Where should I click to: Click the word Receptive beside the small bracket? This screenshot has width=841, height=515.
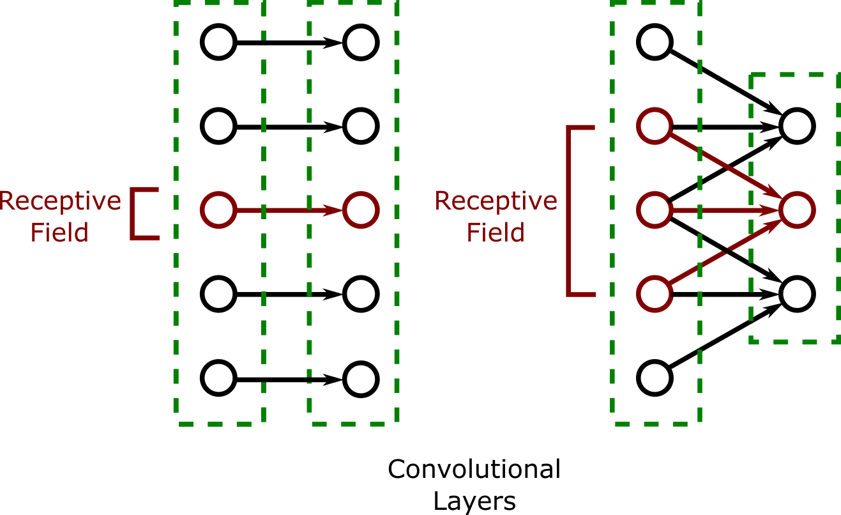(x=60, y=201)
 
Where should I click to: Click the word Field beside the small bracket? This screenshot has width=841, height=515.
(x=59, y=232)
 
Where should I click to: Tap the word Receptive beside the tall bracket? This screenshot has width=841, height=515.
(x=496, y=201)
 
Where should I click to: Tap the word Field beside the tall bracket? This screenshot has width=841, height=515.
(x=496, y=232)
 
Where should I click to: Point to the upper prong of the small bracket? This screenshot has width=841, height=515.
(x=146, y=190)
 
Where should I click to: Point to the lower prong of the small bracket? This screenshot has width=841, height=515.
(x=146, y=238)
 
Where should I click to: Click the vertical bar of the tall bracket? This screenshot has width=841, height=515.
(x=568, y=211)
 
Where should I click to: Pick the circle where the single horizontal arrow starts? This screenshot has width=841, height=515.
(x=218, y=210)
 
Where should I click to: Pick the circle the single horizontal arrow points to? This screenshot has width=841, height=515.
(x=361, y=210)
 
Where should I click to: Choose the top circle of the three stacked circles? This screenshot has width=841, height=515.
(x=655, y=126)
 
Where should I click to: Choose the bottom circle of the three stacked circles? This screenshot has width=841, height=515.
(x=655, y=294)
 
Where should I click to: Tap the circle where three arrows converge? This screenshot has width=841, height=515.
(x=797, y=210)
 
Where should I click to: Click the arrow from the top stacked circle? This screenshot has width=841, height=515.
(x=725, y=163)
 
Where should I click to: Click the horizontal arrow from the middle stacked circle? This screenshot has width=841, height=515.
(x=725, y=210)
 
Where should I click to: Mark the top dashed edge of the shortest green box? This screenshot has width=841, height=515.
(x=795, y=75)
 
